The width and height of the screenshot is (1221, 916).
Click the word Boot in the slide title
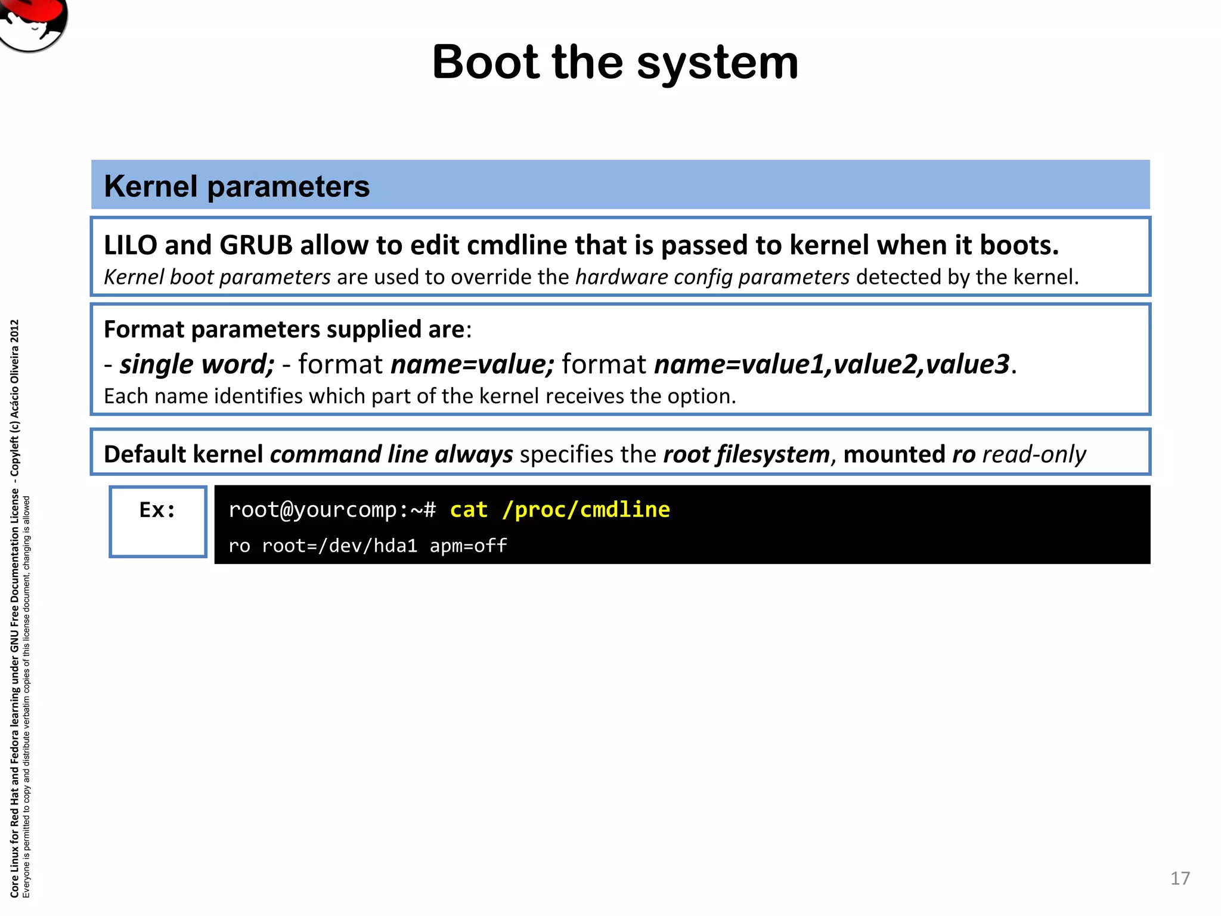tap(485, 63)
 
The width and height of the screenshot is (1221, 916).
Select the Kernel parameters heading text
tap(237, 186)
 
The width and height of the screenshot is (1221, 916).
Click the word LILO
tap(131, 245)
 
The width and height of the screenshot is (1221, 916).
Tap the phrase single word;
tap(197, 364)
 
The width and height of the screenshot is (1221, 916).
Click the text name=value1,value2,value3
tap(832, 364)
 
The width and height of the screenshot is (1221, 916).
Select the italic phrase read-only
tap(1034, 454)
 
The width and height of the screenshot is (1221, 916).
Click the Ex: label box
tap(157, 521)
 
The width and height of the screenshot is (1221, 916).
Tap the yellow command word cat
tap(469, 510)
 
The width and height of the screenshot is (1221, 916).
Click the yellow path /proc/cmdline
tap(585, 510)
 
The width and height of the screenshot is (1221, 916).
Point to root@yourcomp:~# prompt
tap(332, 510)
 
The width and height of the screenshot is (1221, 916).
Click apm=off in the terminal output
tap(468, 546)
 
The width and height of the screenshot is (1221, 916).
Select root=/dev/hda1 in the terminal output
tap(339, 546)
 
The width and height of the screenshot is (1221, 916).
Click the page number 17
tap(1179, 878)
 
